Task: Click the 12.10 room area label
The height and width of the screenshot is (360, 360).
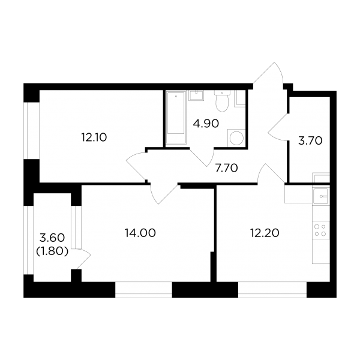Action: point(94,138)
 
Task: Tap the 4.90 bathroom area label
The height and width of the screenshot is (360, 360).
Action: point(206,124)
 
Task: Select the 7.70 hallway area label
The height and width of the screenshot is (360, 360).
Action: point(226,168)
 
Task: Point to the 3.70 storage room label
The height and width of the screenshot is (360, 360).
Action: point(310,141)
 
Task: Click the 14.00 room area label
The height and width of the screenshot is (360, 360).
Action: point(140,233)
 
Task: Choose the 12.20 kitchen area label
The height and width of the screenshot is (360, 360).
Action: point(265,233)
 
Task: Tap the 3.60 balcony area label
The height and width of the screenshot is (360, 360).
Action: point(52,238)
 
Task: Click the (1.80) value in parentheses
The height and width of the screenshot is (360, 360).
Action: point(52,252)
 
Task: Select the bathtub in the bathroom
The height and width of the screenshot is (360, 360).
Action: point(176,118)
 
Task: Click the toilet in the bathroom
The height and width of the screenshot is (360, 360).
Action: point(222,101)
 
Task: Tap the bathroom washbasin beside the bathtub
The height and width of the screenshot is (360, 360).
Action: point(196,95)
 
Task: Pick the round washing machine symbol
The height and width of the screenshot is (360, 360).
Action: point(236,138)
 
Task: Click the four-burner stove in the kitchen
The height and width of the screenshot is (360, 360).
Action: point(321,230)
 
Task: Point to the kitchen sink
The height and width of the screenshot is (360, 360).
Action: point(321,196)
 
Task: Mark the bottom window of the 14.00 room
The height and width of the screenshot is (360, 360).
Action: point(143,290)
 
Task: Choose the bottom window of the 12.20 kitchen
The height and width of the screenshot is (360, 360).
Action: point(272,290)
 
